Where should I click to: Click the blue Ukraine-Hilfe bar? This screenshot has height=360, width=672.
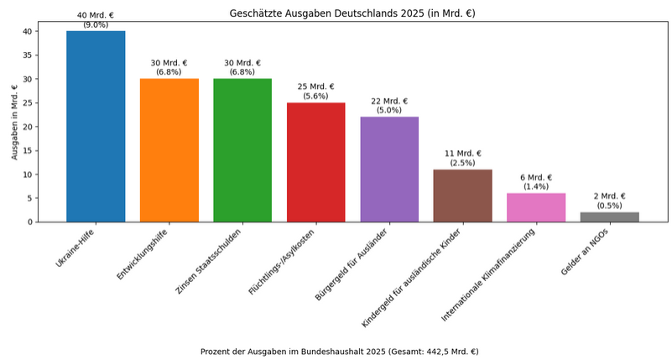pyautogui.click(x=96, y=126)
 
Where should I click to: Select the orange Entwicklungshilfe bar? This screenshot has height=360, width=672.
pyautogui.click(x=169, y=150)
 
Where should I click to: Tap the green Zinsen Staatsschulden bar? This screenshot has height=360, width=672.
pyautogui.click(x=242, y=150)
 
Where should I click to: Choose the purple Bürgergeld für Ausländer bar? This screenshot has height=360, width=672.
pyautogui.click(x=389, y=169)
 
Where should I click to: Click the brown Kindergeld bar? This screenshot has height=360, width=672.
pyautogui.click(x=462, y=196)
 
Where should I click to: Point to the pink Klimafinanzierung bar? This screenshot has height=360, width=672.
pyautogui.click(x=536, y=207)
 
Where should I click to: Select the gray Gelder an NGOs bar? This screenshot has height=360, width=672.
pyautogui.click(x=609, y=217)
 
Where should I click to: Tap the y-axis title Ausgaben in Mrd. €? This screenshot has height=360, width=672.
pyautogui.click(x=14, y=122)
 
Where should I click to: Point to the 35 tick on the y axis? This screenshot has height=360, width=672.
pyautogui.click(x=28, y=55)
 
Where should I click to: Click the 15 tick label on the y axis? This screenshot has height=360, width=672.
pyautogui.click(x=28, y=151)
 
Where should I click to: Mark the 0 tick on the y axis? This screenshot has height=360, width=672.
pyautogui.click(x=30, y=222)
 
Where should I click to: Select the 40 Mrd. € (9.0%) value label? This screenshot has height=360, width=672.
pyautogui.click(x=96, y=20)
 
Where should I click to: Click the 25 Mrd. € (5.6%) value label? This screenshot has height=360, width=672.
pyautogui.click(x=315, y=91)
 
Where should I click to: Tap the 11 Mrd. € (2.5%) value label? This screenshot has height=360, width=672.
pyautogui.click(x=462, y=159)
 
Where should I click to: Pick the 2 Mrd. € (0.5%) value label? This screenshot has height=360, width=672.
pyautogui.click(x=609, y=201)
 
